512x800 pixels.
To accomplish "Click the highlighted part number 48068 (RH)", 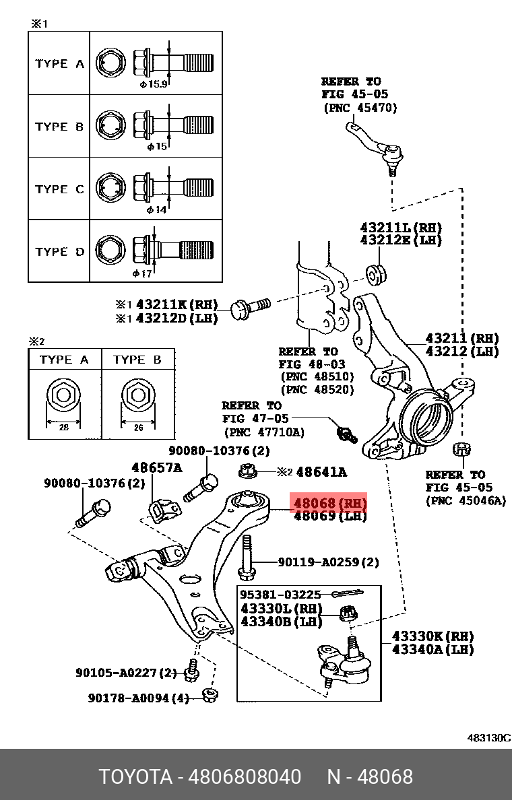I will point(329,503).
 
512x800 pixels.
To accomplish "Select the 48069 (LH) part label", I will point(329,516).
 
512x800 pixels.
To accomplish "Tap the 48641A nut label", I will point(321,472).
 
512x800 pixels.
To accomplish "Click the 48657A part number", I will point(156,467).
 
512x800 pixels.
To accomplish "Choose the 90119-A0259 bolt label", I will point(329,562).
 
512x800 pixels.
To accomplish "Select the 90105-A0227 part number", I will point(126,673).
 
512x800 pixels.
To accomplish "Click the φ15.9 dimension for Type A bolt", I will point(153,85).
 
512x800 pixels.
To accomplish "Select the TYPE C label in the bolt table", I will point(59,189).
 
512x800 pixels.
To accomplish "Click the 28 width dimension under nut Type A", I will point(63,427).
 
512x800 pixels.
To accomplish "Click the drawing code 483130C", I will point(488,737).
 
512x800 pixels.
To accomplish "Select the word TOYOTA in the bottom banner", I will point(135,777).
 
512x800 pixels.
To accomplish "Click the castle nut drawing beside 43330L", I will point(348,613).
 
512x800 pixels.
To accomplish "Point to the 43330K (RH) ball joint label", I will point(433,636).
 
